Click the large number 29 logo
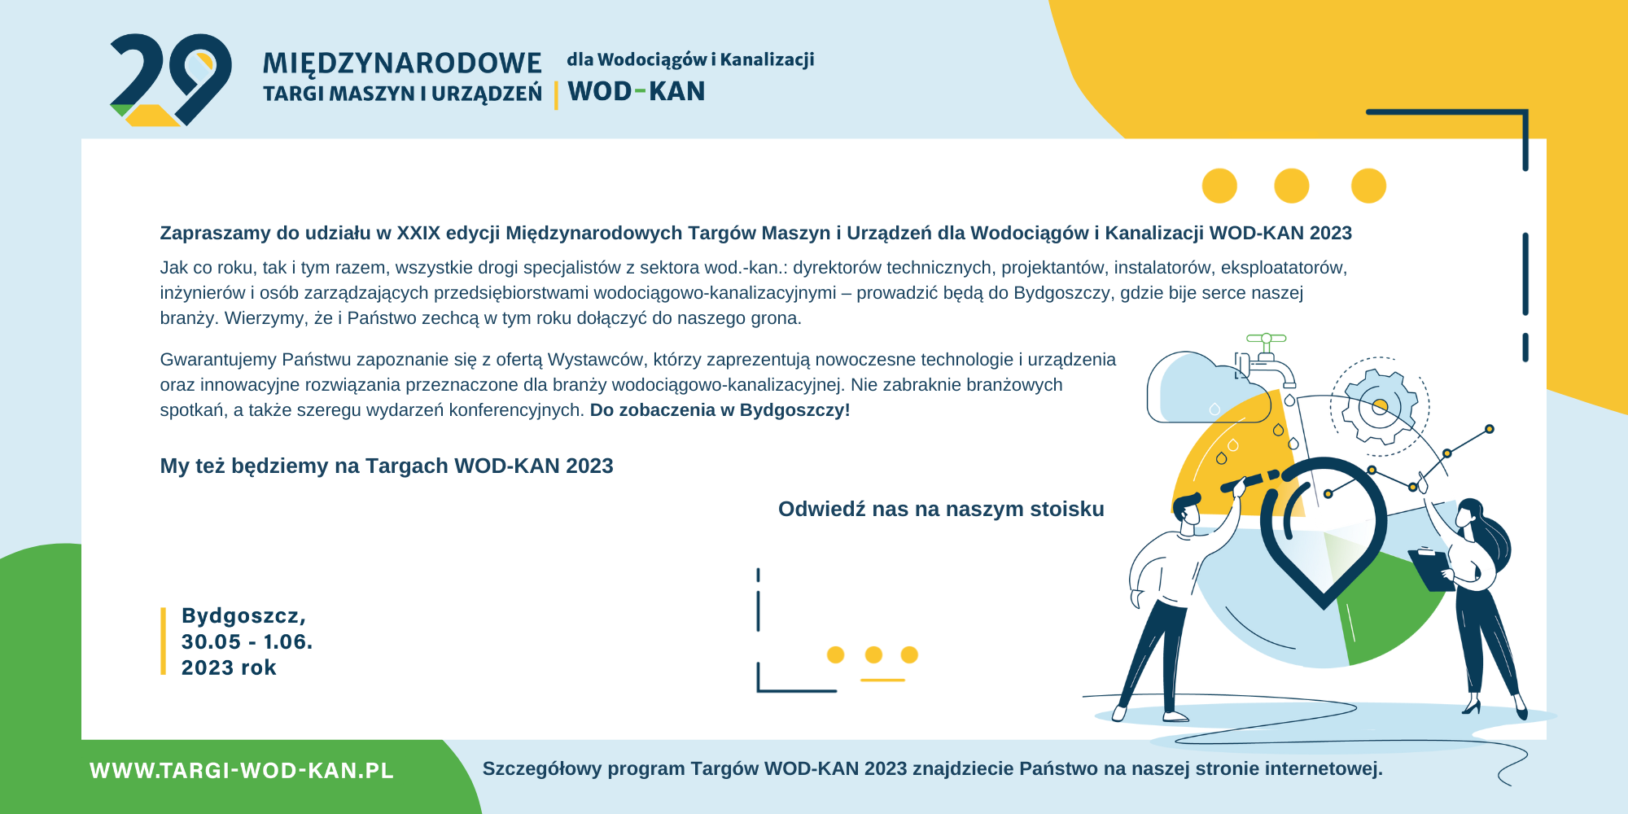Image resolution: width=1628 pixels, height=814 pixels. coord(171,80)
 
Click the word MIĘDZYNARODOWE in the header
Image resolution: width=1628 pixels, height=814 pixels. coord(402,63)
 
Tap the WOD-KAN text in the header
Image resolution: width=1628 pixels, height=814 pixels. coord(637,91)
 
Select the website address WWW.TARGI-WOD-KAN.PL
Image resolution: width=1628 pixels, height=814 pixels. coord(242,771)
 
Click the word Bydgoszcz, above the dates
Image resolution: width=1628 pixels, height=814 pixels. coord(243,616)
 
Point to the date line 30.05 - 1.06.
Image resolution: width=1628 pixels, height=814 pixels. coord(247,641)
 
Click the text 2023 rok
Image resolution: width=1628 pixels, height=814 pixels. coord(229,667)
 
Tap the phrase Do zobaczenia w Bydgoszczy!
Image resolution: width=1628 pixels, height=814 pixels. coord(720,410)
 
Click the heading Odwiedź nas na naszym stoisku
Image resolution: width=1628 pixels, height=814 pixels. coord(941,509)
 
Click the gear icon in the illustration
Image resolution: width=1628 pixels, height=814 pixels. coord(1380,406)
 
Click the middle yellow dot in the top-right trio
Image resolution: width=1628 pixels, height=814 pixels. coord(1292,186)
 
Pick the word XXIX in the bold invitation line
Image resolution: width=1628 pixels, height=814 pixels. coord(418,234)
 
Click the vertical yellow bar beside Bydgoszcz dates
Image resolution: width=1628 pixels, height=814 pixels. coord(163,641)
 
